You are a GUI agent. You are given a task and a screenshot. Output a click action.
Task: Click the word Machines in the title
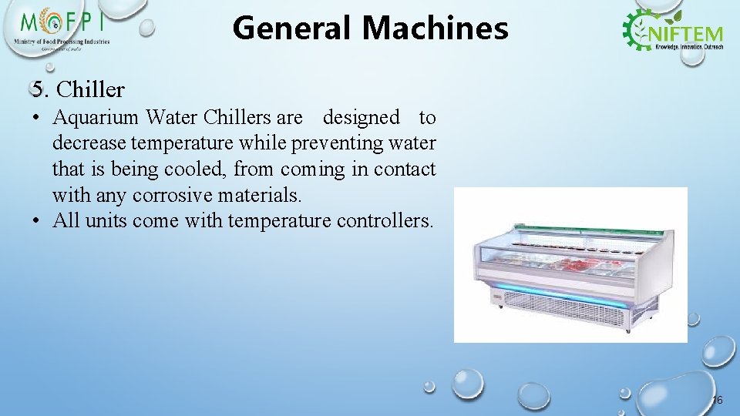[x=435, y=29]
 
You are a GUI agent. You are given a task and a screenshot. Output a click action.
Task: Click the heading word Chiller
[x=91, y=90]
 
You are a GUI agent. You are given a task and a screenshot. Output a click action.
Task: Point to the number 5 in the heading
[x=38, y=90]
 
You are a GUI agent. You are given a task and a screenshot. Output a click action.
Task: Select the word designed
[x=361, y=118]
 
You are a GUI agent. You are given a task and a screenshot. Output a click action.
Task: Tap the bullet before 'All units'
[x=37, y=221]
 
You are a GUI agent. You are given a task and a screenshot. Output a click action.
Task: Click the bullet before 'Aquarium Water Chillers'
[x=37, y=118]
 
